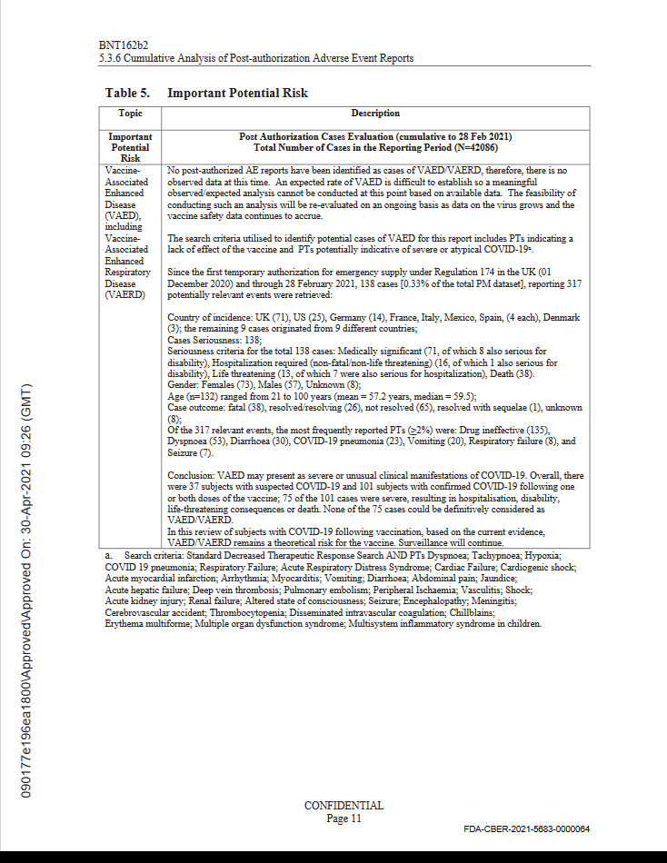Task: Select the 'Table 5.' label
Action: [x=127, y=93]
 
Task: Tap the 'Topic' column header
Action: [x=130, y=114]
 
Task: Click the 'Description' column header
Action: [x=375, y=114]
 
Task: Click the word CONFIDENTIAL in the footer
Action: [x=343, y=806]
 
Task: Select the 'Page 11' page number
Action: [x=343, y=818]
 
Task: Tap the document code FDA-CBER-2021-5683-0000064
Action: [x=526, y=829]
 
